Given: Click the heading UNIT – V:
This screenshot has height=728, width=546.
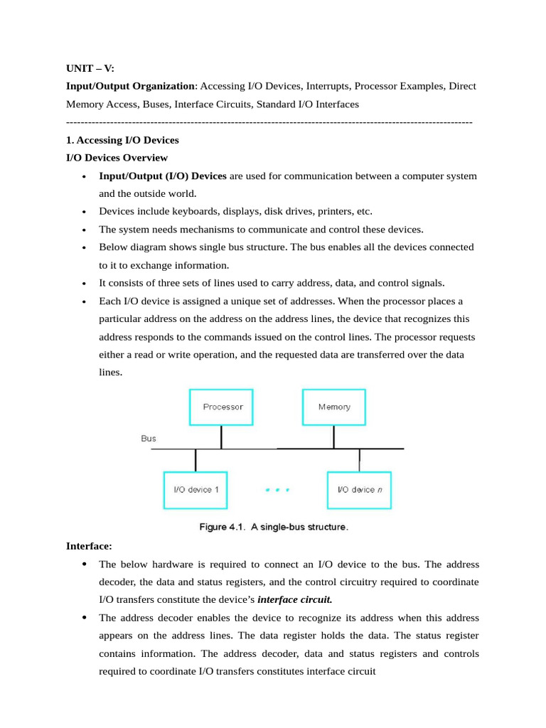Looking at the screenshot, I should point(90,68).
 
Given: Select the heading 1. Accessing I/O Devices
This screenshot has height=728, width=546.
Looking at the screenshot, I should point(122,140).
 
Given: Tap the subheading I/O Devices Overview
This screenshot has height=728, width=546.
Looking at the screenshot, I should point(117,158).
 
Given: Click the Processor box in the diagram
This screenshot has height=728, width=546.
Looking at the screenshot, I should point(221,407).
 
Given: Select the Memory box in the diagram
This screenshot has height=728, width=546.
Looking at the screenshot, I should point(334,407).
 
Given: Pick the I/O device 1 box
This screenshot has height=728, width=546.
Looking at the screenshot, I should point(196,490).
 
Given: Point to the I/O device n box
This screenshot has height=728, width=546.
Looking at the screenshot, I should point(359,490).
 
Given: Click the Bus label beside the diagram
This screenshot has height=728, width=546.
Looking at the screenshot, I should point(149,439).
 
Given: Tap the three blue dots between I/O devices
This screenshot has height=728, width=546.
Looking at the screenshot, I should point(277,490).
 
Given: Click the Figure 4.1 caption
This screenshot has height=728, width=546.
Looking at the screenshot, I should point(272,528).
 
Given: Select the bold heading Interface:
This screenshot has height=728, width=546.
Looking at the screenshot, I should point(90,546).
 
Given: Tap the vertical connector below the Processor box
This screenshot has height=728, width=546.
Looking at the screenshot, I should point(221,437).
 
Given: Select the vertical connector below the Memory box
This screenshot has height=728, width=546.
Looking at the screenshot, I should point(334,437).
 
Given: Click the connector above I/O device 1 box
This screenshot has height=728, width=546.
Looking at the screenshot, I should point(196,461).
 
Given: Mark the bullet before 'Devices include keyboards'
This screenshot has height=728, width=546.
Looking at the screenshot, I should point(85,212).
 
